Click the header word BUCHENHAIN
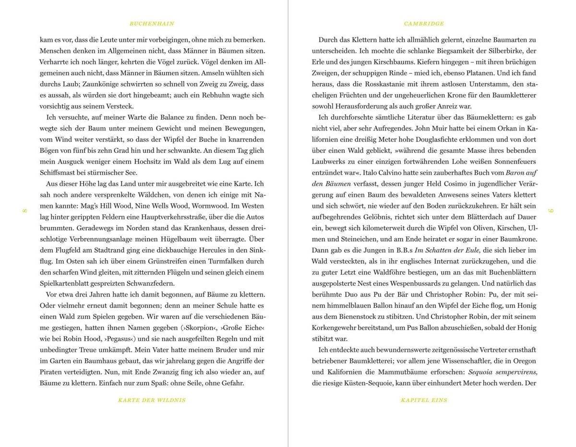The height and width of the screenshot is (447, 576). coord(152,24)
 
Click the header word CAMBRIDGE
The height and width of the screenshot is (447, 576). coord(424,24)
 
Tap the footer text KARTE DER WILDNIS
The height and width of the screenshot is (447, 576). coord(152,400)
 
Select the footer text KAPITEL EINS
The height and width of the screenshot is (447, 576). coord(424,400)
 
